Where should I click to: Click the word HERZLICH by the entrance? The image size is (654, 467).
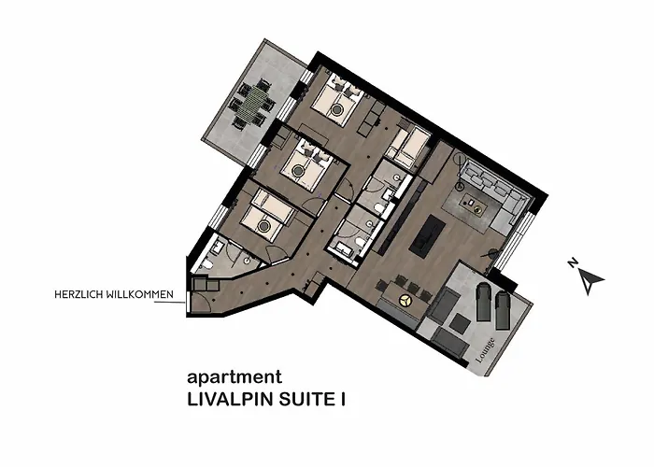point(78,294)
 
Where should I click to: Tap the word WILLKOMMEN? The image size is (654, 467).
point(140,294)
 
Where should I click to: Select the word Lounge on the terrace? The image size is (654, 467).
point(486,349)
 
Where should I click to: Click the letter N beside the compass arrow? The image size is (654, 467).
point(573,262)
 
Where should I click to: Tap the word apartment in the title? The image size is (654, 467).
point(235,377)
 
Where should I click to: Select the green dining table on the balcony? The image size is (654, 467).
point(254,103)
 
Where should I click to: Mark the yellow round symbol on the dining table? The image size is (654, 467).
point(404,300)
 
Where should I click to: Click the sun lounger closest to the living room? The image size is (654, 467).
point(484,301)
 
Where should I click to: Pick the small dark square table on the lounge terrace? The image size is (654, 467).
point(460,324)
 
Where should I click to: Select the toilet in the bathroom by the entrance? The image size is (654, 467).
point(207,264)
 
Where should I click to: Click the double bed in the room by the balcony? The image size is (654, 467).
point(336,101)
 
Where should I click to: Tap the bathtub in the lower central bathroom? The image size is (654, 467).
point(341,249)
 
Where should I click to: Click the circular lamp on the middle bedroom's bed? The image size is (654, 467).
point(298,170)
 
